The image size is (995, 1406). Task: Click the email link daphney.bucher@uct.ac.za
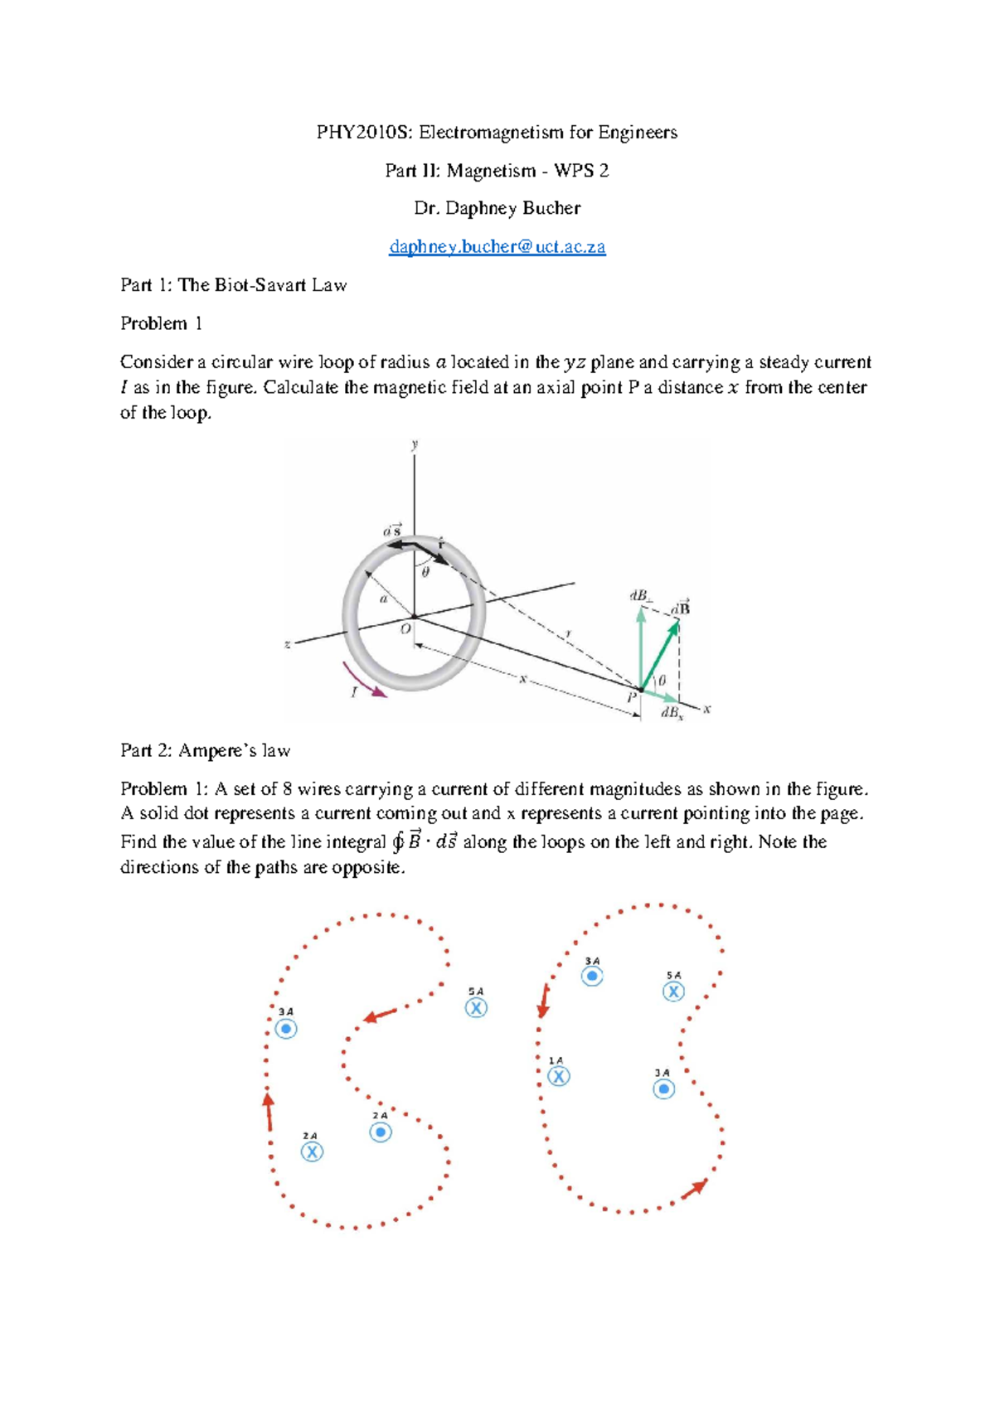[498, 247]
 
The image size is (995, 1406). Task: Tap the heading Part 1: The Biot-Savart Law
[233, 285]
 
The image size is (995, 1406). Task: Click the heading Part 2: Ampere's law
[205, 751]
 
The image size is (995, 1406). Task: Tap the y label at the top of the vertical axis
[415, 445]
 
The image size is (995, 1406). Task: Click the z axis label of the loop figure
[287, 644]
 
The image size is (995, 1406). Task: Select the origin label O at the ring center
[405, 629]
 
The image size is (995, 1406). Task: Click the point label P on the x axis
[632, 697]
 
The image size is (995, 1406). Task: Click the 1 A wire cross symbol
[559, 1076]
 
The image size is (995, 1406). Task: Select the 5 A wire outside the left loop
[476, 1008]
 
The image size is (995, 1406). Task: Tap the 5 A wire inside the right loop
[673, 991]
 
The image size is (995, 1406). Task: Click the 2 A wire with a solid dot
[381, 1132]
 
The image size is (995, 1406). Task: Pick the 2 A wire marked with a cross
[312, 1151]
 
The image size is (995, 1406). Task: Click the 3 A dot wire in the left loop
[286, 1029]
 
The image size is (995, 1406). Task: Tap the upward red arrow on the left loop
[269, 1111]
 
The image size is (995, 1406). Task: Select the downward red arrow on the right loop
[544, 1001]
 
